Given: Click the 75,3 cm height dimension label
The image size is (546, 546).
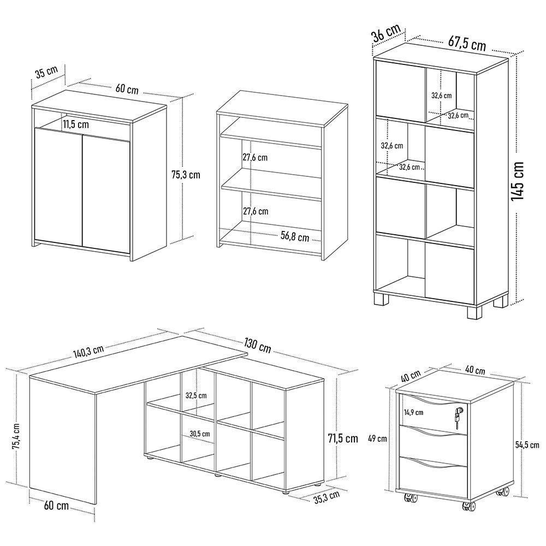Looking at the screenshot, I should tap(186, 175).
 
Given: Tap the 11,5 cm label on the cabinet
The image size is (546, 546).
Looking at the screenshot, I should tap(75, 124).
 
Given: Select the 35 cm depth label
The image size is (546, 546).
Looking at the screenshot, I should tap(46, 73).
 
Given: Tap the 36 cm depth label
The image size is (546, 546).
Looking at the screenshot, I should tap(386, 33).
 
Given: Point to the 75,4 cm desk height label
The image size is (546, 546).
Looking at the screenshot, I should tap(16, 436).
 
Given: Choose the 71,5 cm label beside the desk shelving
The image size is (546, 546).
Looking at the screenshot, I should tap(343, 438).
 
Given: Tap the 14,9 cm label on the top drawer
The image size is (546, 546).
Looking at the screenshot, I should tap(417, 412).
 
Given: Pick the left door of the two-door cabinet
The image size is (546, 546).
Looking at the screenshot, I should tap(58, 186).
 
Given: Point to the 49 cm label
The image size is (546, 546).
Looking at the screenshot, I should tap(378, 438).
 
